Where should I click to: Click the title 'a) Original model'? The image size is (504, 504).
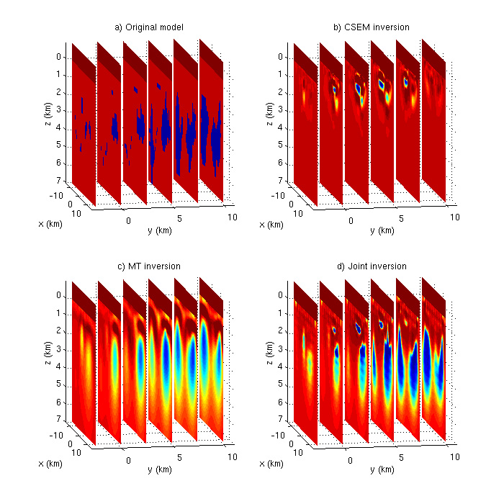pyautogui.click(x=150, y=27)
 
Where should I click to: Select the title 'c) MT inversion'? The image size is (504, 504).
pyautogui.click(x=150, y=266)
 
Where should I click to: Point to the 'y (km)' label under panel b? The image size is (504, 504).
pyautogui.click(x=382, y=231)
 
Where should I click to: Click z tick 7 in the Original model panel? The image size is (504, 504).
pyautogui.click(x=66, y=181)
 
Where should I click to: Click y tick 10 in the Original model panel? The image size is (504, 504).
pyautogui.click(x=230, y=217)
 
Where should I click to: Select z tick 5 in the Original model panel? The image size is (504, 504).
pyautogui.click(x=66, y=145)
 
